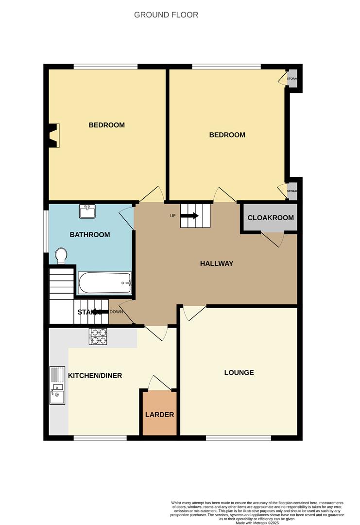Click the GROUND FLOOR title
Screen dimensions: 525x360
[x=166, y=15]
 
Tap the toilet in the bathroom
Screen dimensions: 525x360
[x=61, y=255]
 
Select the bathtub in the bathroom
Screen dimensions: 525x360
[x=105, y=282]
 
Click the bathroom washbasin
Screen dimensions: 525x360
[x=88, y=211]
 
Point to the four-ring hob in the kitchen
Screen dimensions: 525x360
[x=98, y=336]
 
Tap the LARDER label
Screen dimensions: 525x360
[x=159, y=415]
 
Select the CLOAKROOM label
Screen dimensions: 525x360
[x=271, y=218]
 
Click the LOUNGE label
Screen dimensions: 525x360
[x=239, y=373]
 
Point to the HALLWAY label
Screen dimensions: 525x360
[x=217, y=264]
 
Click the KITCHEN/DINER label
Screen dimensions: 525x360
[x=95, y=376]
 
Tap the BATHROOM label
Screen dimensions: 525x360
[x=90, y=235]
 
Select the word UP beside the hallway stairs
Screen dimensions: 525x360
[x=172, y=216]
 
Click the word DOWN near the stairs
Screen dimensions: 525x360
[x=116, y=312]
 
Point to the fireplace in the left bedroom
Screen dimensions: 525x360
[x=53, y=136]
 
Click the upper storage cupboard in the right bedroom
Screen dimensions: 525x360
[x=292, y=79]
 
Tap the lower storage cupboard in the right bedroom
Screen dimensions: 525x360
[x=292, y=191]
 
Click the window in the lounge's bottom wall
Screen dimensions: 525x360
[x=238, y=438]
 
